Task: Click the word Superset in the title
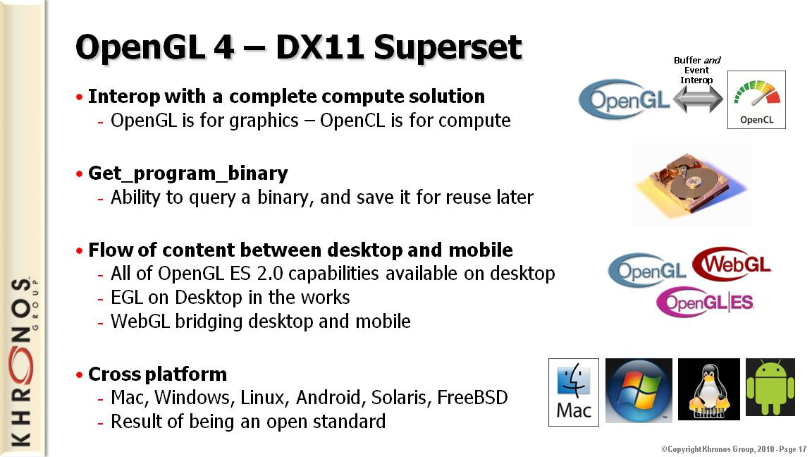(448, 47)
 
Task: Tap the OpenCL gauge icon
(756, 99)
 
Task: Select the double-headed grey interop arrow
(698, 99)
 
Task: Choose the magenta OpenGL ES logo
(705, 302)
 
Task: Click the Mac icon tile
(574, 392)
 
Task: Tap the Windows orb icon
(639, 390)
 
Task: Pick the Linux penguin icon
(709, 389)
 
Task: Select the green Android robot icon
(770, 387)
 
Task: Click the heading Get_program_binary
(188, 173)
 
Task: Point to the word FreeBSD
(472, 398)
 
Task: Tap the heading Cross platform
(157, 374)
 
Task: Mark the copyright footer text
(734, 449)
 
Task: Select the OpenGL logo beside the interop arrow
(624, 99)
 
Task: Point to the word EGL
(127, 298)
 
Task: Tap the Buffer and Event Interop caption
(696, 70)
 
